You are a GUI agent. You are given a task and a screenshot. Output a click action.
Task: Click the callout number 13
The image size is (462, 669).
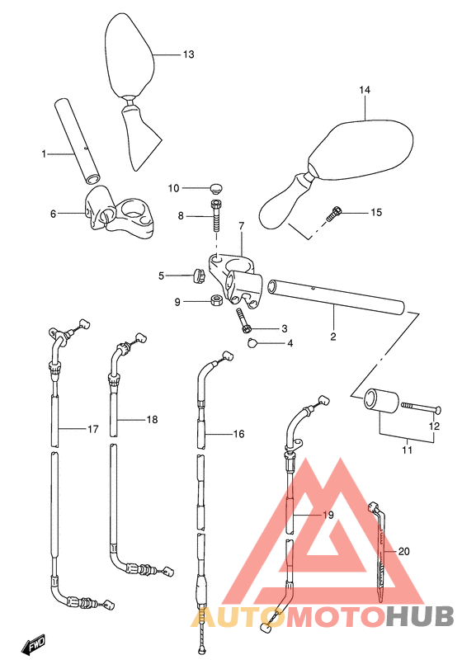tap(188, 54)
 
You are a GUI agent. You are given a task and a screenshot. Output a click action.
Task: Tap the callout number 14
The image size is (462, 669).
tap(365, 90)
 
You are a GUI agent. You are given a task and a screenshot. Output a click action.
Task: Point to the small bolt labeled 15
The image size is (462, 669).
tap(333, 214)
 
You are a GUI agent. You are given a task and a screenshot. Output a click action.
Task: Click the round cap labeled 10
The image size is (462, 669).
tap(217, 188)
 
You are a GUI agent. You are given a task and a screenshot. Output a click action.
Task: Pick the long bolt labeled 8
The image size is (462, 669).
tap(216, 216)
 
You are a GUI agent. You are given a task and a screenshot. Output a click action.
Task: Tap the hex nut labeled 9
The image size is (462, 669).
tap(216, 300)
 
